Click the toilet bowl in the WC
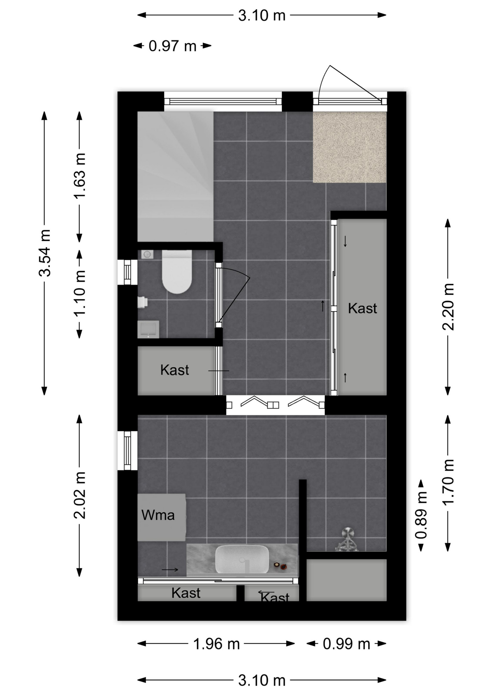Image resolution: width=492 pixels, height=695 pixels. tap(176, 271)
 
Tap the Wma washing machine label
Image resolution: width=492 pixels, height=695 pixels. tap(158, 515)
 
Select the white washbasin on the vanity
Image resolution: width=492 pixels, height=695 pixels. tap(242, 559)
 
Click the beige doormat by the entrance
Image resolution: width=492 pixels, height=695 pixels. tap(349, 147)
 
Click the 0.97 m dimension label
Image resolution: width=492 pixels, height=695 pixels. tap(172, 46)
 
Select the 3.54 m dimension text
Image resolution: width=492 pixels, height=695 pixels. tap(45, 253)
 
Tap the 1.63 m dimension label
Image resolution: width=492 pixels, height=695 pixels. tap(80, 176)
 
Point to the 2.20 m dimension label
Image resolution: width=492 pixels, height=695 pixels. tap(448, 307)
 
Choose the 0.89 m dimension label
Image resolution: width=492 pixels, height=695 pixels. tap(421, 515)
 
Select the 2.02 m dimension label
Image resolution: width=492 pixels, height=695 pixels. tap(80, 495)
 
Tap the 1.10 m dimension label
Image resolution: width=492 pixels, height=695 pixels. tap(80, 293)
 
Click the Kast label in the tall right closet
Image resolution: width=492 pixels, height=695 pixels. tap(362, 308)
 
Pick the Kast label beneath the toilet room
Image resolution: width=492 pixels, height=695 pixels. tap(175, 370)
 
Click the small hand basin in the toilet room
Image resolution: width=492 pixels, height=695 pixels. tap(148, 329)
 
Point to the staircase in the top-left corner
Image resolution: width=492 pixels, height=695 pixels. tap(175, 176)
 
